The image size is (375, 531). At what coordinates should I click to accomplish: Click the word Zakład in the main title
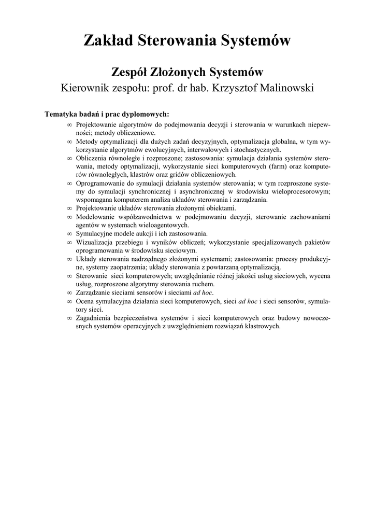[x=107, y=40]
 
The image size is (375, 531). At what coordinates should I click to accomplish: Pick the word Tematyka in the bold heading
[x=61, y=114]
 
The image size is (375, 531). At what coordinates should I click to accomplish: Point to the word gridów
[x=191, y=174]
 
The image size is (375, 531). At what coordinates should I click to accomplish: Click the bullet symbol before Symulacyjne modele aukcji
[x=69, y=233]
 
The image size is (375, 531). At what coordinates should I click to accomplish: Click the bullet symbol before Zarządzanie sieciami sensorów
[x=69, y=292]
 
